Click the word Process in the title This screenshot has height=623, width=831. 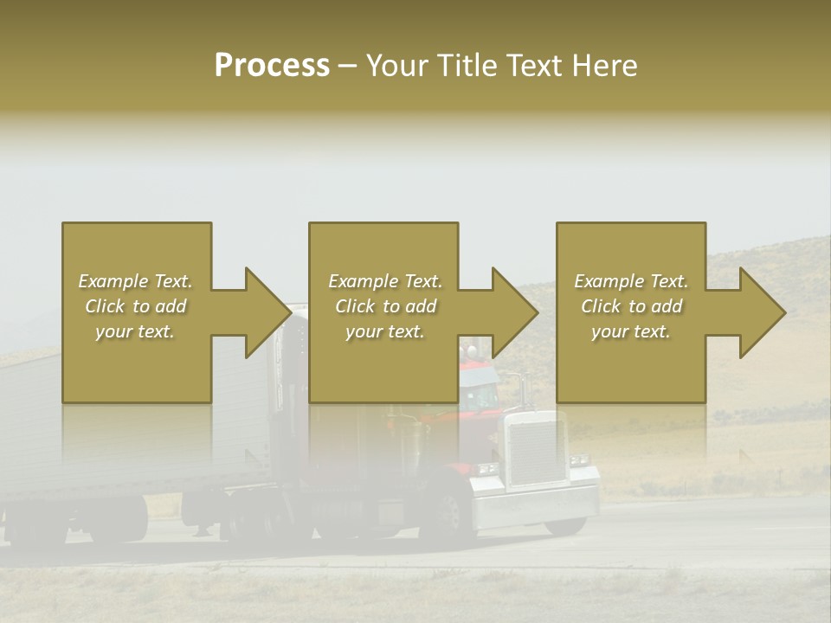coord(272,66)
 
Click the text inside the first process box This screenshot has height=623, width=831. coord(136,306)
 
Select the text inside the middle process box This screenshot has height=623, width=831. coord(384,306)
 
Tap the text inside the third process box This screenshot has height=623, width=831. coord(631,306)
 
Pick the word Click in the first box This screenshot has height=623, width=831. coord(106,306)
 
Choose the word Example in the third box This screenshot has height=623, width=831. coord(608,281)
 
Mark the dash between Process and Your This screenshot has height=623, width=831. coord(348,66)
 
